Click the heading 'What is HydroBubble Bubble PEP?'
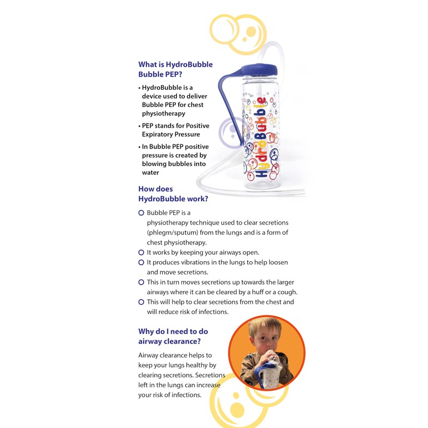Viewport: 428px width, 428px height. point(175,70)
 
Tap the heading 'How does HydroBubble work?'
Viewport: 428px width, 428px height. point(173,194)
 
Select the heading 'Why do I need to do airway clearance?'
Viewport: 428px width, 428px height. point(173,337)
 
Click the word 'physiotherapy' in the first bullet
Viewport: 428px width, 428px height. point(163,113)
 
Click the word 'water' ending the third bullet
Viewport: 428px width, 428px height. point(150,172)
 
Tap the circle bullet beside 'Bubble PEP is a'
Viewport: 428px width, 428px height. point(141,212)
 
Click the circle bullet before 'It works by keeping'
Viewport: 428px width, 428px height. point(141,252)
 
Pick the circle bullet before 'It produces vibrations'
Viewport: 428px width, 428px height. point(141,262)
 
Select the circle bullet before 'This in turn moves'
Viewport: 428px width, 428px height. point(141,282)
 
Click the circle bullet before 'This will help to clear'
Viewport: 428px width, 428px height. point(141,302)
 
